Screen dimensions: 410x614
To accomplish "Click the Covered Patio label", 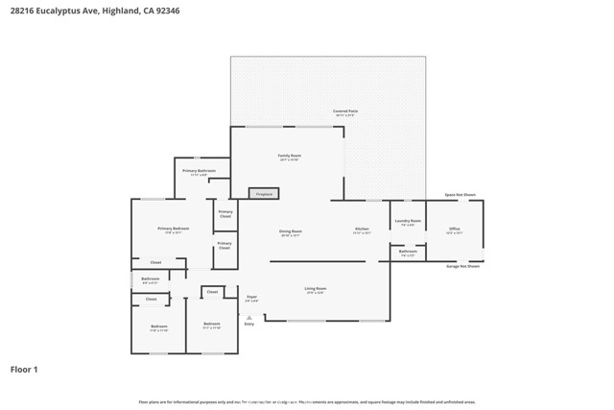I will pyautogui.click(x=345, y=111).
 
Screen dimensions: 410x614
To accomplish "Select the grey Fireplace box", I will pyautogui.click(x=264, y=194).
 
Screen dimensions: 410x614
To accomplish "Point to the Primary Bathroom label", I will pyautogui.click(x=199, y=171).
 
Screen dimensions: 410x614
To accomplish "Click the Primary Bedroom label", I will pyautogui.click(x=174, y=229).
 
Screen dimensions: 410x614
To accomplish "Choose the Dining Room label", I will pyautogui.click(x=291, y=231).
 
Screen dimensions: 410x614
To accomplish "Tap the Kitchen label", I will pyautogui.click(x=363, y=229).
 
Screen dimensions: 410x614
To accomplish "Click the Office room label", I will pyautogui.click(x=455, y=229).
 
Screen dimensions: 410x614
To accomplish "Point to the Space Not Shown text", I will pyautogui.click(x=460, y=195).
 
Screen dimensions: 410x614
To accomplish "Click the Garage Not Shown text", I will pyautogui.click(x=462, y=266).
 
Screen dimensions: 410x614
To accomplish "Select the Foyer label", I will pyautogui.click(x=252, y=297).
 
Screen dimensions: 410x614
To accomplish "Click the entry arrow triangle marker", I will pyautogui.click(x=249, y=317).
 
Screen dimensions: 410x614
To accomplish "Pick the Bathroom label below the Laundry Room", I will pyautogui.click(x=408, y=253).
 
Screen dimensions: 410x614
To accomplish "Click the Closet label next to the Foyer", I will pyautogui.click(x=212, y=291).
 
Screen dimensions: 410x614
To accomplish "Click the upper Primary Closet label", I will pyautogui.click(x=224, y=213).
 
